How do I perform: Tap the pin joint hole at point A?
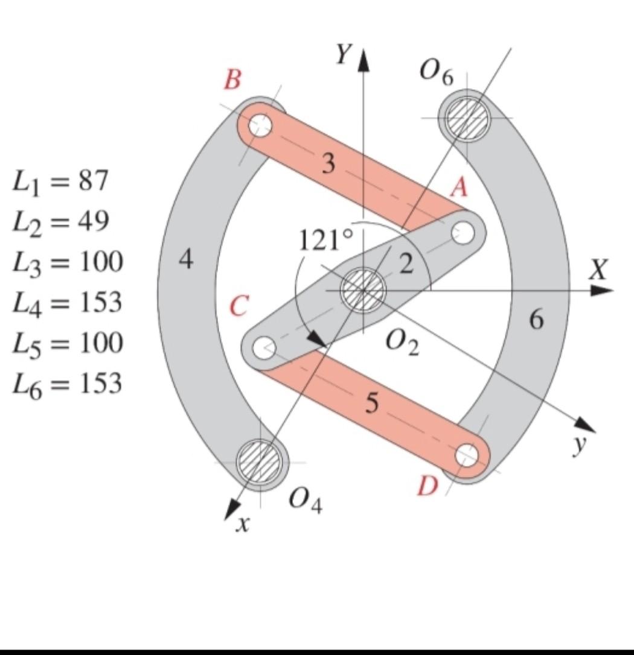click(x=463, y=232)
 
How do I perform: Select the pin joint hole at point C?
click(x=263, y=348)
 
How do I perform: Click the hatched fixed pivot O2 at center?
click(x=363, y=290)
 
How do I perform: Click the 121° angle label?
click(x=325, y=241)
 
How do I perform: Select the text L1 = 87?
click(x=60, y=181)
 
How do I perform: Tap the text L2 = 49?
click(x=60, y=222)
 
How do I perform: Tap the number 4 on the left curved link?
click(x=187, y=259)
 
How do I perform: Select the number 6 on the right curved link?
click(x=537, y=320)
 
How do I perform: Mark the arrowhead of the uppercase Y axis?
click(x=363, y=61)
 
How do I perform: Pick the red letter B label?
click(x=232, y=79)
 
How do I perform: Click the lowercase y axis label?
click(x=580, y=444)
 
